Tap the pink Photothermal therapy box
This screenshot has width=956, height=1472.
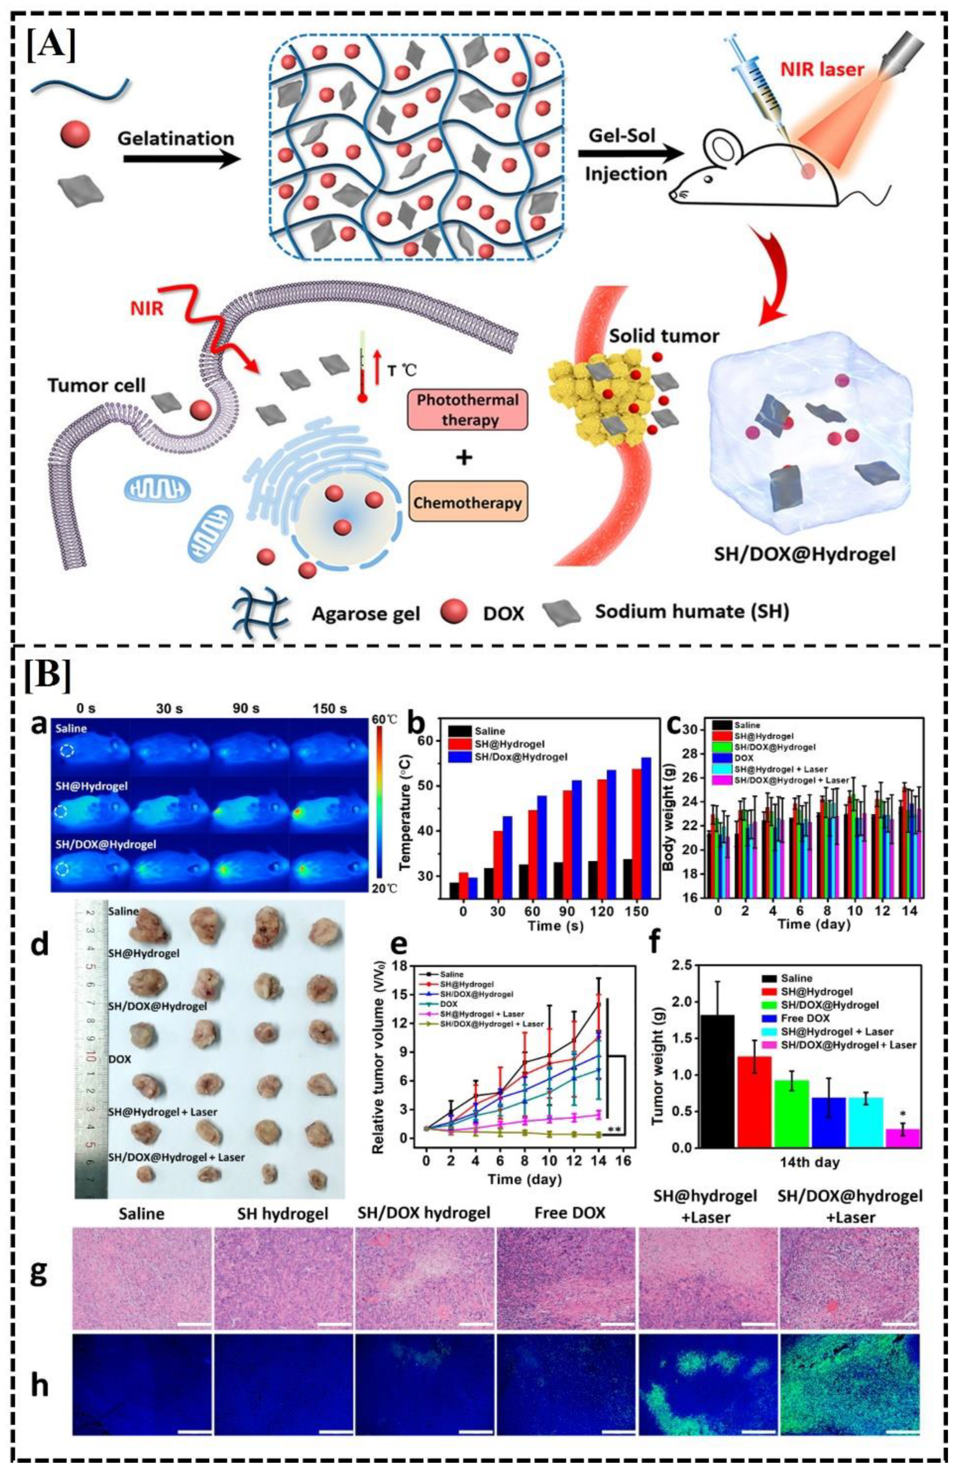(x=468, y=409)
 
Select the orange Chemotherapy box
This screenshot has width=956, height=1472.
(x=468, y=502)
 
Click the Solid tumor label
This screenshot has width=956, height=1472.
(x=663, y=336)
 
